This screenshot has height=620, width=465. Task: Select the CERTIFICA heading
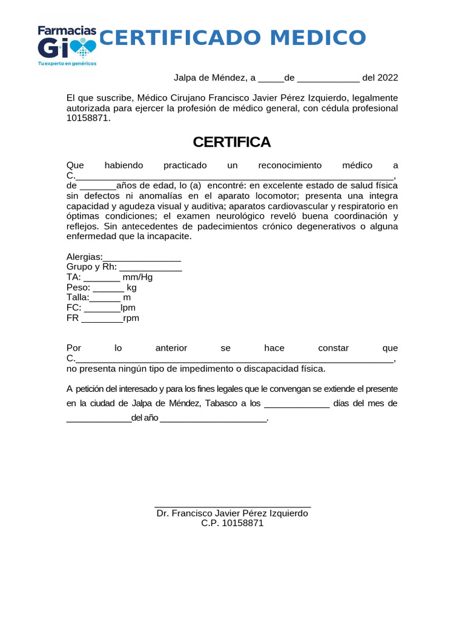232,142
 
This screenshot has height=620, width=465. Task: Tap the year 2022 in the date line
387,77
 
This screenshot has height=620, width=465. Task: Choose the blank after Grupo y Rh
151,268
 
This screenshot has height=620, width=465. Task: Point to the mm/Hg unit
137,277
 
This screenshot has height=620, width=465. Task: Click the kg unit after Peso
131,288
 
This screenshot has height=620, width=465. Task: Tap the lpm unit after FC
128,308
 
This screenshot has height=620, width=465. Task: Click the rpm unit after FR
131,318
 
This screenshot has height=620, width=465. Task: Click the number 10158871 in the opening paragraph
88,118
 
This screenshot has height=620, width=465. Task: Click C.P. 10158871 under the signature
232,523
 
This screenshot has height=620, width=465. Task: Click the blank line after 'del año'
213,419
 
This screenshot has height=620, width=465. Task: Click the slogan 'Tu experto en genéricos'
67,63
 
